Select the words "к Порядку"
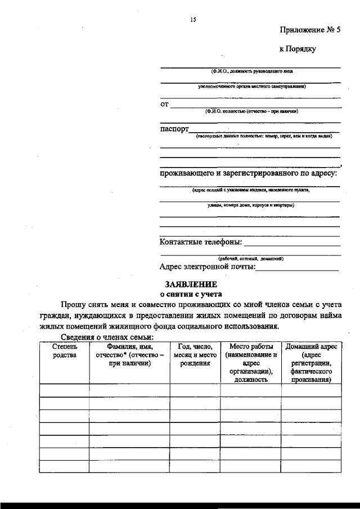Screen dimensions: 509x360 tap(298, 49)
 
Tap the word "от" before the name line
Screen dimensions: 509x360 tap(164, 104)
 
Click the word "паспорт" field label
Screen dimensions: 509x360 tap(174, 129)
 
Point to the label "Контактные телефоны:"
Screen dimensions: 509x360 tap(201, 242)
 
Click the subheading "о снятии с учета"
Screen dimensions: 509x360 tap(191, 294)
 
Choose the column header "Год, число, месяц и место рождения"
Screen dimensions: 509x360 tap(195, 355)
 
